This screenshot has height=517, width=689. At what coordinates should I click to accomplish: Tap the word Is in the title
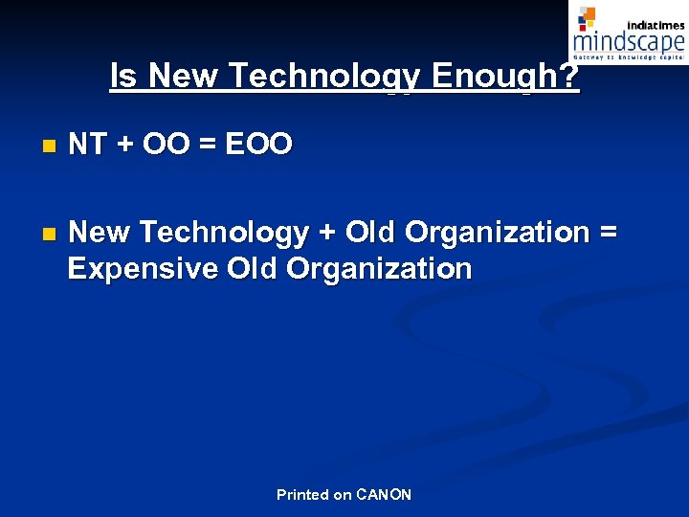click(123, 76)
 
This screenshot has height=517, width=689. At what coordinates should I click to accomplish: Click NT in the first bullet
click(87, 145)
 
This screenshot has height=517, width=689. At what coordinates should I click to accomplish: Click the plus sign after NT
click(124, 145)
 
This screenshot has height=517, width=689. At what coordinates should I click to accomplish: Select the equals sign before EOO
click(209, 145)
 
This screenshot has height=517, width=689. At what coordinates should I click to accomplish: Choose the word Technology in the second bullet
click(224, 233)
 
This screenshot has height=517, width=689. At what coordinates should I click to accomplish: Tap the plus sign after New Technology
click(326, 233)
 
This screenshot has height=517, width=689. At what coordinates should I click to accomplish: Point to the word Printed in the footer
click(301, 495)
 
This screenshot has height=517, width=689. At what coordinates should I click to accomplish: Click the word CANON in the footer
click(383, 495)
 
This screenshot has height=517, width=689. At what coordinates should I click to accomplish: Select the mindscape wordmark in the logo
click(629, 42)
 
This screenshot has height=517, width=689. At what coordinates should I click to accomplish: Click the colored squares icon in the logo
click(587, 17)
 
